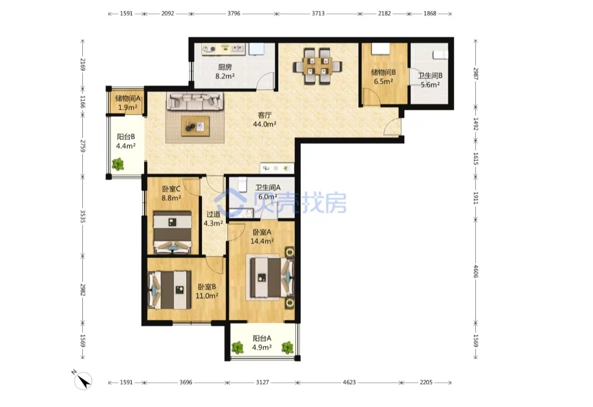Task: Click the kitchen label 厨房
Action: pyautogui.click(x=225, y=67)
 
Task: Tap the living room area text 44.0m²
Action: pyautogui.click(x=265, y=124)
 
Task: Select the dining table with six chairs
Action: pyautogui.click(x=318, y=66)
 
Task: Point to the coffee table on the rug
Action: pyautogui.click(x=196, y=126)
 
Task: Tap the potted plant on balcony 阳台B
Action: pyautogui.click(x=118, y=164)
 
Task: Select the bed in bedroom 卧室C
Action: pyautogui.click(x=173, y=232)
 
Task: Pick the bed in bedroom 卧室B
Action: pyautogui.click(x=170, y=290)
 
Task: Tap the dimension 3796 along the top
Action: pyautogui.click(x=234, y=14)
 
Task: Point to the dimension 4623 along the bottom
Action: pyautogui.click(x=349, y=382)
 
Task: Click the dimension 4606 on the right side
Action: pyautogui.click(x=476, y=271)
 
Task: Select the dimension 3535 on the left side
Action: pyautogui.click(x=83, y=216)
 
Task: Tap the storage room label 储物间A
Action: pyautogui.click(x=127, y=98)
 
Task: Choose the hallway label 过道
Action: pyautogui.click(x=213, y=214)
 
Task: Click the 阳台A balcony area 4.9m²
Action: pyautogui.click(x=262, y=347)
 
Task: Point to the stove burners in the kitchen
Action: pyautogui.click(x=209, y=49)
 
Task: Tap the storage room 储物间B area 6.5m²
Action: pyautogui.click(x=383, y=81)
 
